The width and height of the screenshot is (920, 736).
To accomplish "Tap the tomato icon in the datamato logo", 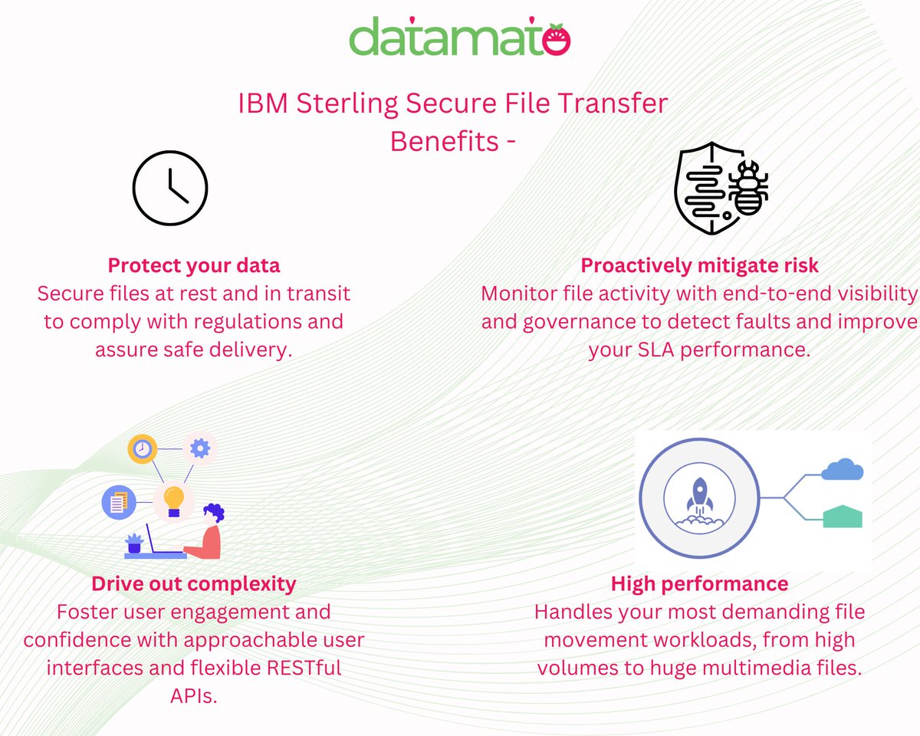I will click(557, 39).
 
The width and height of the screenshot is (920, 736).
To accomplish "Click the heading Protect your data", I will click(194, 266).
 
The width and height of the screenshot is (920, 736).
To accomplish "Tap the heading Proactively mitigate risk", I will click(699, 266).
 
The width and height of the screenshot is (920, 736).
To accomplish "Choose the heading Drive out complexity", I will click(194, 583).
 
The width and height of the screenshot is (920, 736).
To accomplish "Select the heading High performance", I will click(699, 583).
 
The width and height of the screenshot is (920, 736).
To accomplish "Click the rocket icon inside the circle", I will click(700, 498).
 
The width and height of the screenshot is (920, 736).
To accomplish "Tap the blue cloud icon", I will click(842, 469).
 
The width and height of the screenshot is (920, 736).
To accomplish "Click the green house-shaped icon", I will click(843, 517).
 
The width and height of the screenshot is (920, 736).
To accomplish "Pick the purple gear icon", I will click(200, 448).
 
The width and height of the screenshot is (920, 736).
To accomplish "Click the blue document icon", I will click(118, 503).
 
